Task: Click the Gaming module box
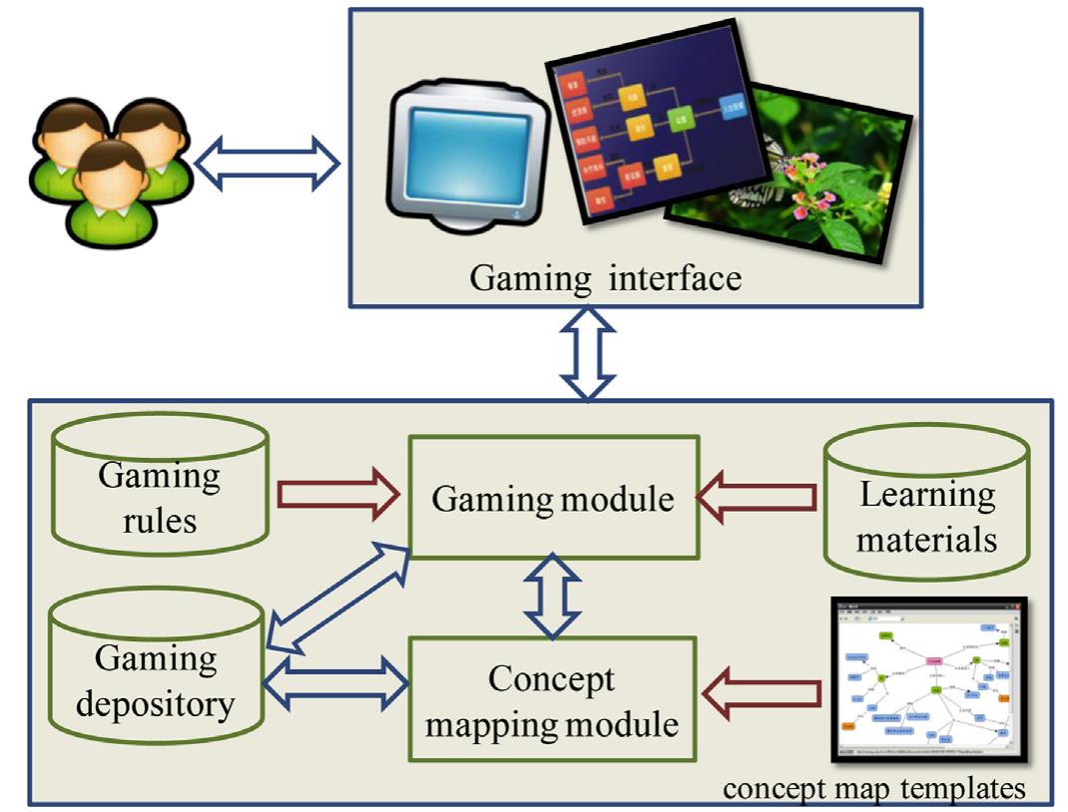(x=553, y=496)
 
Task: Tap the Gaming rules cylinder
(x=160, y=483)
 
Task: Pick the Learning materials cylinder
(x=926, y=504)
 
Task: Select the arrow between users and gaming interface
(x=267, y=163)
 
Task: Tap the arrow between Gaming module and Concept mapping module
(x=553, y=597)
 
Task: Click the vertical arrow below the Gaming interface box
(x=587, y=355)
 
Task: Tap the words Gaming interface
(x=606, y=276)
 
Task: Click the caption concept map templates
(x=873, y=788)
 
